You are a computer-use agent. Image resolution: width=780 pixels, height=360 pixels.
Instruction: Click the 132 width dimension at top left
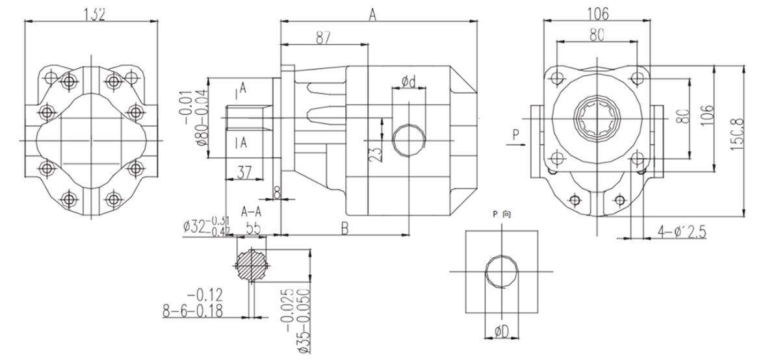[x=92, y=13]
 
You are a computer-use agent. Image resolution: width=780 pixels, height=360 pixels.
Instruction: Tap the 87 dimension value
[x=322, y=38]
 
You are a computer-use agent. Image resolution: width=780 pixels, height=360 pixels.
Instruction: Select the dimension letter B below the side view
[x=345, y=227]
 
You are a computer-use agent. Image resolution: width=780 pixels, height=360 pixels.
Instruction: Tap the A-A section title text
[x=250, y=212]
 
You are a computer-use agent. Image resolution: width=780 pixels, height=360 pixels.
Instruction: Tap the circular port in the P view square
[x=502, y=270]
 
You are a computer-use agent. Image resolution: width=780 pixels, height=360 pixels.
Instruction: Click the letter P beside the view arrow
[x=515, y=135]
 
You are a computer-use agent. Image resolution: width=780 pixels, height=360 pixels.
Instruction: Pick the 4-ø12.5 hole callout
[x=682, y=231]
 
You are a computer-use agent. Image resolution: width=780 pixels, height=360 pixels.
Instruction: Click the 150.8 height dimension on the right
[x=735, y=139]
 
